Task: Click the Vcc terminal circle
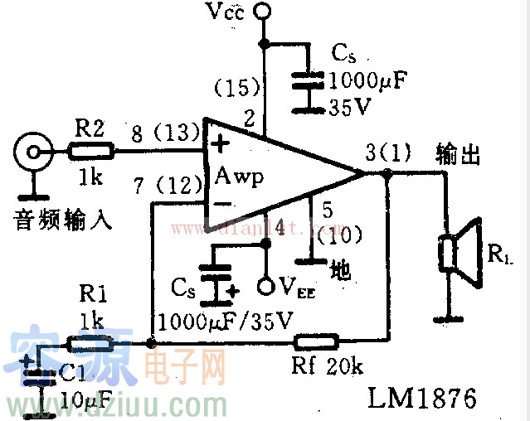[x=263, y=12]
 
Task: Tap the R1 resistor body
[x=90, y=341]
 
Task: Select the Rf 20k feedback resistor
[x=316, y=341]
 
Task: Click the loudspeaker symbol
[x=461, y=252]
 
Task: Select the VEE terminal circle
[x=265, y=287]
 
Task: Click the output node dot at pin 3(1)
[x=387, y=173]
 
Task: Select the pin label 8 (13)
[x=161, y=133]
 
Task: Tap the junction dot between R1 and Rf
[x=149, y=341]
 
